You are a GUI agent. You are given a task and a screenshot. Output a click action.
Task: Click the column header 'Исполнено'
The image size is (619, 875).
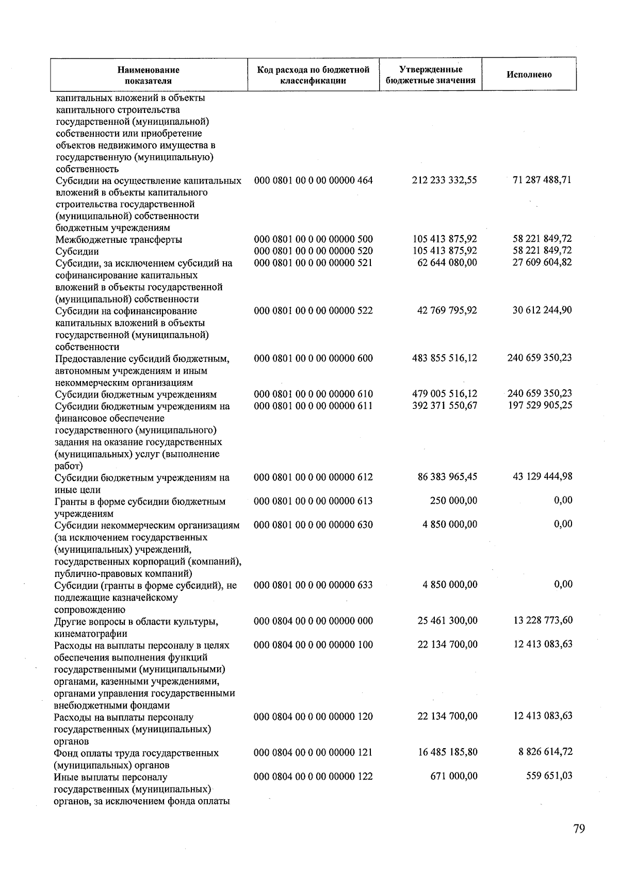(x=529, y=75)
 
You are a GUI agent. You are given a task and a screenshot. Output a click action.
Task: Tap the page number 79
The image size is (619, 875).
(x=579, y=829)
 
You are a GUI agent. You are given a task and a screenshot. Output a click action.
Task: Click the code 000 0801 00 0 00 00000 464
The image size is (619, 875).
(x=313, y=180)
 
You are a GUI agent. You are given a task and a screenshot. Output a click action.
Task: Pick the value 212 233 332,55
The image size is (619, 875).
(x=445, y=180)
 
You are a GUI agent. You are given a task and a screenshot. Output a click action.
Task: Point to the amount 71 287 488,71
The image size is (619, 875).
(x=542, y=180)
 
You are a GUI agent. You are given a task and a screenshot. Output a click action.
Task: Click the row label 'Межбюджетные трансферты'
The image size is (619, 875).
(x=119, y=240)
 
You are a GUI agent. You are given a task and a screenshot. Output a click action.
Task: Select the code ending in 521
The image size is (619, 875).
(x=313, y=263)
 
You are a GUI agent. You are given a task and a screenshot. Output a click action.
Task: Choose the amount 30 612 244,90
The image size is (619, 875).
(x=542, y=310)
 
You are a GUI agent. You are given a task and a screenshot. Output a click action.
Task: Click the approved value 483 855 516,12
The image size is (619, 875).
(x=445, y=358)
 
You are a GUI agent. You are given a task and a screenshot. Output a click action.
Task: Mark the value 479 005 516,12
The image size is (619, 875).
(x=445, y=394)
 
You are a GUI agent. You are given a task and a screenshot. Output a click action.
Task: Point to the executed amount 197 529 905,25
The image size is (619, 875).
(x=540, y=406)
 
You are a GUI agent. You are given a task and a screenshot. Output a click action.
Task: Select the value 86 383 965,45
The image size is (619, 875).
(x=447, y=477)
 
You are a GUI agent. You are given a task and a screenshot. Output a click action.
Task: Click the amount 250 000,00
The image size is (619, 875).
(x=453, y=501)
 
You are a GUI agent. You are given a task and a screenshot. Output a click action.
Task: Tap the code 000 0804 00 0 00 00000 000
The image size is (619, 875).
(x=313, y=621)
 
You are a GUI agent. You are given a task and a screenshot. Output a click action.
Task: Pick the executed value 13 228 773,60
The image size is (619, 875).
(x=543, y=620)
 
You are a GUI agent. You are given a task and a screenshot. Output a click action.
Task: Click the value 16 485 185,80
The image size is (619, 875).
(x=447, y=752)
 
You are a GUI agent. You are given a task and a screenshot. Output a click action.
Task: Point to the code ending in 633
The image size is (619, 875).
(x=313, y=585)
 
